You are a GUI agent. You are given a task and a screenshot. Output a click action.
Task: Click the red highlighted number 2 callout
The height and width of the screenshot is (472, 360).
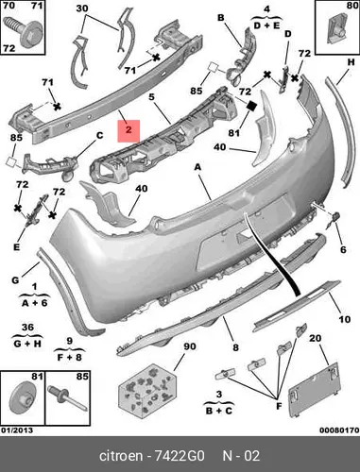point(129,130)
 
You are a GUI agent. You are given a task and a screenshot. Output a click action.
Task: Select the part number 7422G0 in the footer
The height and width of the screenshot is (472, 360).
point(180,456)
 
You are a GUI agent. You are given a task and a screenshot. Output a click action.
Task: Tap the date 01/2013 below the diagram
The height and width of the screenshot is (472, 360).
point(17,430)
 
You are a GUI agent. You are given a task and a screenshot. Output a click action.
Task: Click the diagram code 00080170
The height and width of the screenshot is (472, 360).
point(339,430)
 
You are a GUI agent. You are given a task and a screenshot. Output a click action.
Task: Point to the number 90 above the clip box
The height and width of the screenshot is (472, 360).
point(190,346)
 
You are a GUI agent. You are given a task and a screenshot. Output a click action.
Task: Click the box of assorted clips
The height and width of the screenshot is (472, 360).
point(147,391)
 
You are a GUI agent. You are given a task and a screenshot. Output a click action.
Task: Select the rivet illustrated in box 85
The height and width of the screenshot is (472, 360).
point(67,397)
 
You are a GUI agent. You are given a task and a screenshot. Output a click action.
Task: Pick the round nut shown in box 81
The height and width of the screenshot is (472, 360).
point(23,397)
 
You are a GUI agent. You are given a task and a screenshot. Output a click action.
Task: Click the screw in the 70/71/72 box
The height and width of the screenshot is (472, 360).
point(22,32)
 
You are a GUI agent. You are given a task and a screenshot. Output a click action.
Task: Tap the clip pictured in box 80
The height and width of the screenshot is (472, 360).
point(337,30)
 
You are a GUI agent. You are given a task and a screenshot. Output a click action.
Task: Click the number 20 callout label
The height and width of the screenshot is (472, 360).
point(316,338)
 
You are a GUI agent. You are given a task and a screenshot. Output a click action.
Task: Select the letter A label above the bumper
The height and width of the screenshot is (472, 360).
point(197,167)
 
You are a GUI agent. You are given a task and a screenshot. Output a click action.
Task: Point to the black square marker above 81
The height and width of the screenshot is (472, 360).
point(252,106)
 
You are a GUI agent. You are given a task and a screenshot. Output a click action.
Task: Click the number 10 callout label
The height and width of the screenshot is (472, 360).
point(345,319)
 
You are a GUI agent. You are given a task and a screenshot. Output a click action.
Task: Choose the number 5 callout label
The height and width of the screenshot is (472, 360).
point(151,96)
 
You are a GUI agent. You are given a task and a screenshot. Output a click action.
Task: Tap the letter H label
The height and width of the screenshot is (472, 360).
point(351,62)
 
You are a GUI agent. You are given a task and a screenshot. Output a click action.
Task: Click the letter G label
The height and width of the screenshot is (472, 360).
point(15,279)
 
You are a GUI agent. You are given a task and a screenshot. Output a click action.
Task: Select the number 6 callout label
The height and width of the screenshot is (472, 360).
point(343,249)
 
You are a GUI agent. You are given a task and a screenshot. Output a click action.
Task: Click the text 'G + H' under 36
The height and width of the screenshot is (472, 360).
point(27,344)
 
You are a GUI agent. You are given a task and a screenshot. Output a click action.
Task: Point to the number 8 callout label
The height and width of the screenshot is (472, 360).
point(235,347)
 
